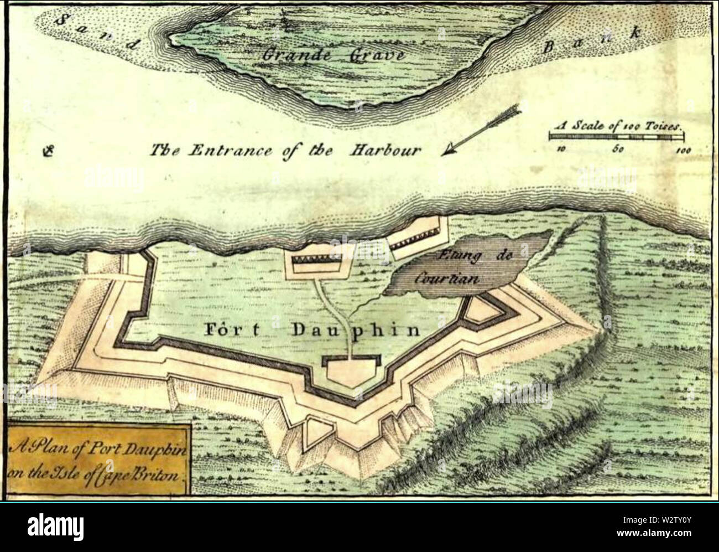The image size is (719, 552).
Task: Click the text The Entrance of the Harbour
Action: tap(286, 150)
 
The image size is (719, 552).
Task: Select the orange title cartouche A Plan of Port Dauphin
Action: tap(98, 459)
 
